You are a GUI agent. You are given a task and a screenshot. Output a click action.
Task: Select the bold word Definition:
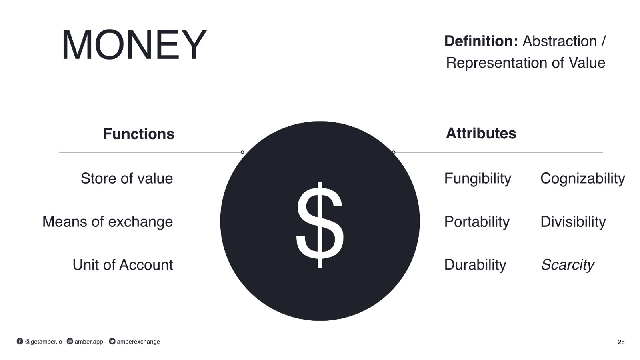click(x=481, y=41)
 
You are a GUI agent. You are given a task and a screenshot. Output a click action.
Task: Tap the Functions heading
click(x=138, y=134)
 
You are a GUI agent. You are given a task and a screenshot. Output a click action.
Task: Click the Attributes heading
click(x=481, y=133)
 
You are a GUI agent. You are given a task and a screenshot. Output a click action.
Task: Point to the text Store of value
click(x=127, y=178)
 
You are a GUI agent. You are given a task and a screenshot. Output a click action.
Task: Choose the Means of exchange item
click(x=108, y=222)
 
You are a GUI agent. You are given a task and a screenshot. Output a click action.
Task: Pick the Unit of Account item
click(x=123, y=264)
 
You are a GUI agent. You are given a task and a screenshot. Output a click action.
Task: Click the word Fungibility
click(x=478, y=179)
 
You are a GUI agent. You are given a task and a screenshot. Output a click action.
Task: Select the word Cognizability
click(x=582, y=179)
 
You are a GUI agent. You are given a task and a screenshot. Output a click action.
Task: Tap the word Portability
click(x=477, y=222)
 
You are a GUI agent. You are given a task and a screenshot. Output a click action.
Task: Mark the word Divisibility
click(x=573, y=222)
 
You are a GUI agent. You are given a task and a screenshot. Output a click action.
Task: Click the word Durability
click(x=475, y=265)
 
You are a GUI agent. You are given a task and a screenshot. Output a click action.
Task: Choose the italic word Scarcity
click(x=568, y=265)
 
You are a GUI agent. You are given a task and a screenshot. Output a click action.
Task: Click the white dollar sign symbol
click(x=320, y=224)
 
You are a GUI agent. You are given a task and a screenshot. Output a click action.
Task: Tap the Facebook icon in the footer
click(x=20, y=341)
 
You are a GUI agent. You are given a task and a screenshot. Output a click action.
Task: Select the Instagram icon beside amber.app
click(x=70, y=341)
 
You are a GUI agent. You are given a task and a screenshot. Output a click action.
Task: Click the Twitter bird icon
click(x=112, y=341)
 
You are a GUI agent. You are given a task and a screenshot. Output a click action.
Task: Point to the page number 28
click(x=621, y=342)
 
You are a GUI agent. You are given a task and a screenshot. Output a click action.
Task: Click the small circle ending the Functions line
click(x=242, y=152)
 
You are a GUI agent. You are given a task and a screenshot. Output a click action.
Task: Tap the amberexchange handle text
click(x=138, y=342)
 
